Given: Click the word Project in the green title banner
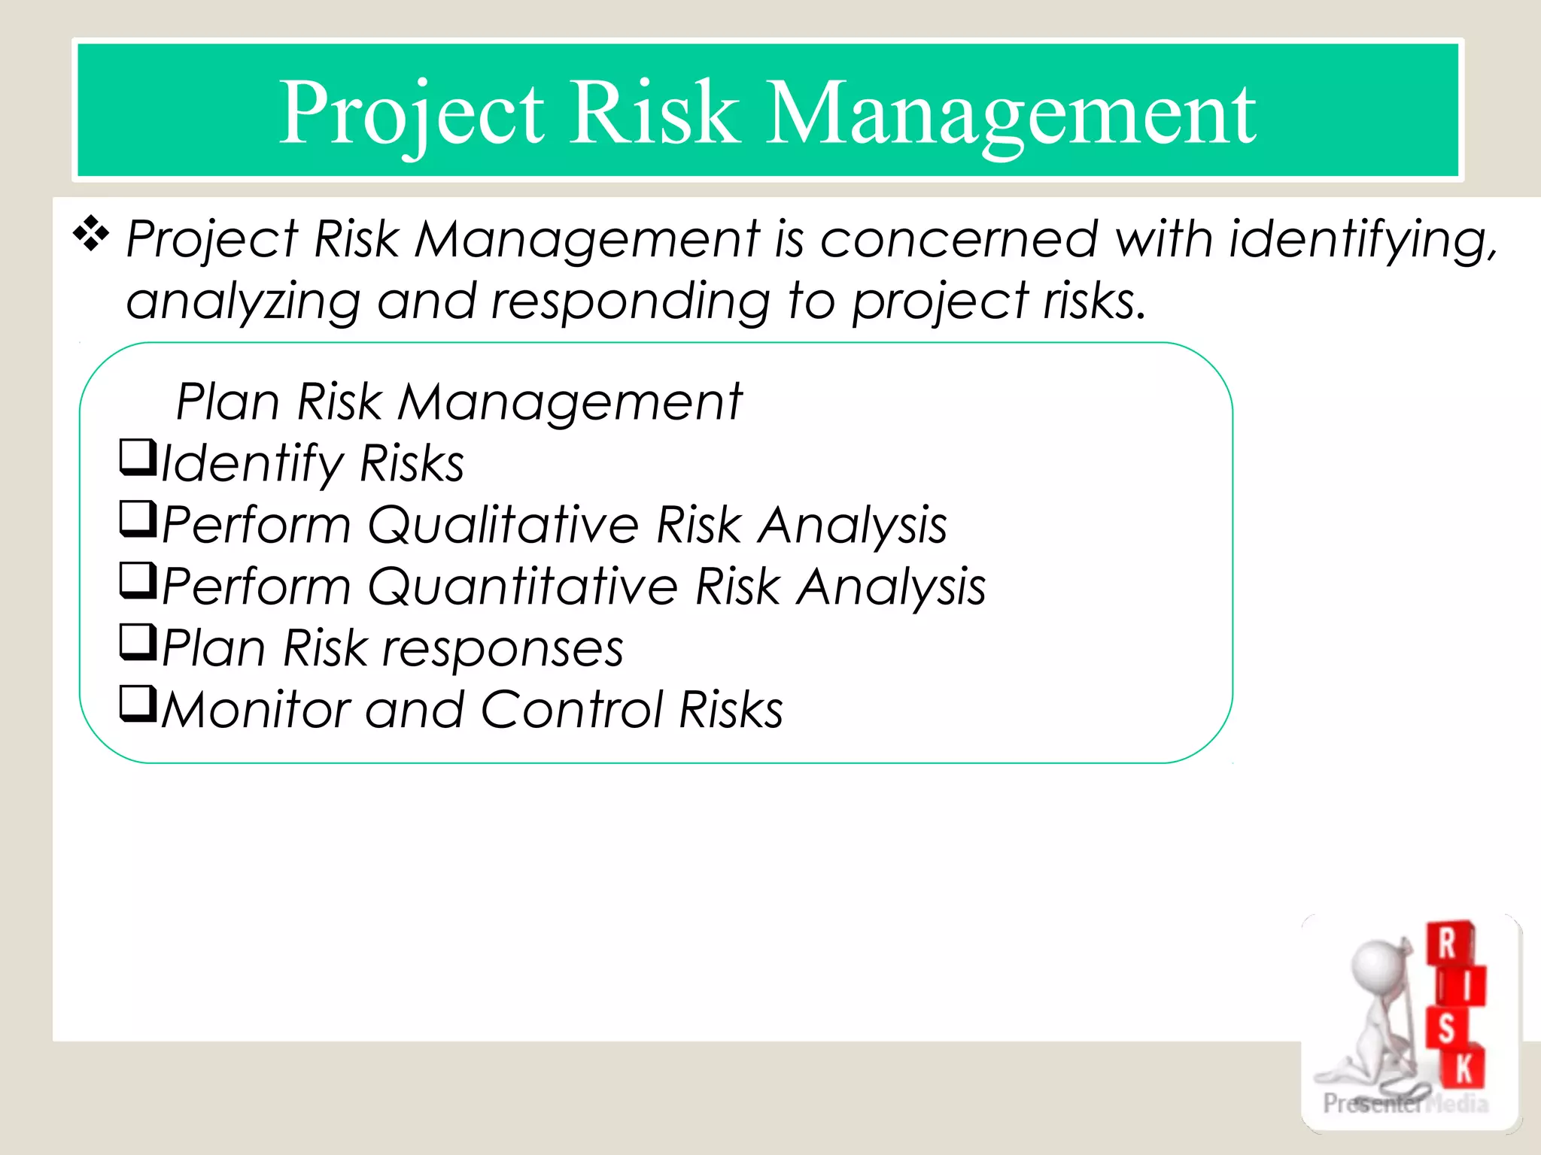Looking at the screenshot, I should click(411, 113).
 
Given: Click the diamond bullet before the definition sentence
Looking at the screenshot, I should click(91, 234).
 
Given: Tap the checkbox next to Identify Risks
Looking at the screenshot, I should click(138, 457).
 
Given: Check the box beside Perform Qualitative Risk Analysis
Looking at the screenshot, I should click(138, 520).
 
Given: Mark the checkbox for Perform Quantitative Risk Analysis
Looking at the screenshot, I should click(138, 581).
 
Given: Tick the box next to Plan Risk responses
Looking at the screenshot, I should click(138, 643).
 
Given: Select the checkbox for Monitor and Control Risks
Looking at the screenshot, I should click(138, 705).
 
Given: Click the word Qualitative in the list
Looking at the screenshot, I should click(503, 524).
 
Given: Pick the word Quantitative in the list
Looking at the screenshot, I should click(522, 586).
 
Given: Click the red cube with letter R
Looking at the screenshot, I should click(1448, 943).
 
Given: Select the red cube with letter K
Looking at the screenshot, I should click(1464, 1068).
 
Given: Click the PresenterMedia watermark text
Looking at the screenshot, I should click(1404, 1103).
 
